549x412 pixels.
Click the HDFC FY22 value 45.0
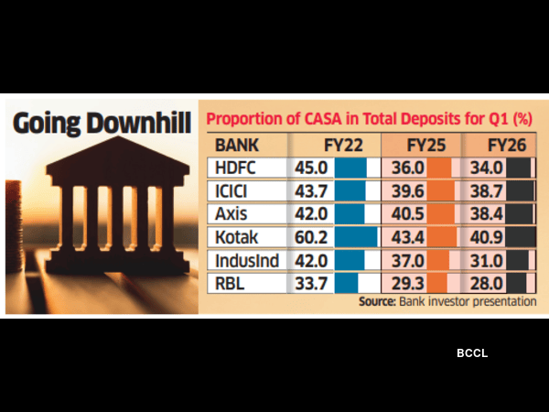click(x=311, y=168)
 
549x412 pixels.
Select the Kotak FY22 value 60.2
click(x=311, y=237)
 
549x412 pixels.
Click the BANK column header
click(x=237, y=146)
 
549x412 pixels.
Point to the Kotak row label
click(x=238, y=237)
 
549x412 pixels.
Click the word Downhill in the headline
click(x=139, y=122)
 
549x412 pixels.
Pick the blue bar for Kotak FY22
click(x=356, y=237)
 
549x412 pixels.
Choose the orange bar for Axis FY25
click(x=441, y=214)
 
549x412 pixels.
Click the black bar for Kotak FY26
click(x=522, y=237)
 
